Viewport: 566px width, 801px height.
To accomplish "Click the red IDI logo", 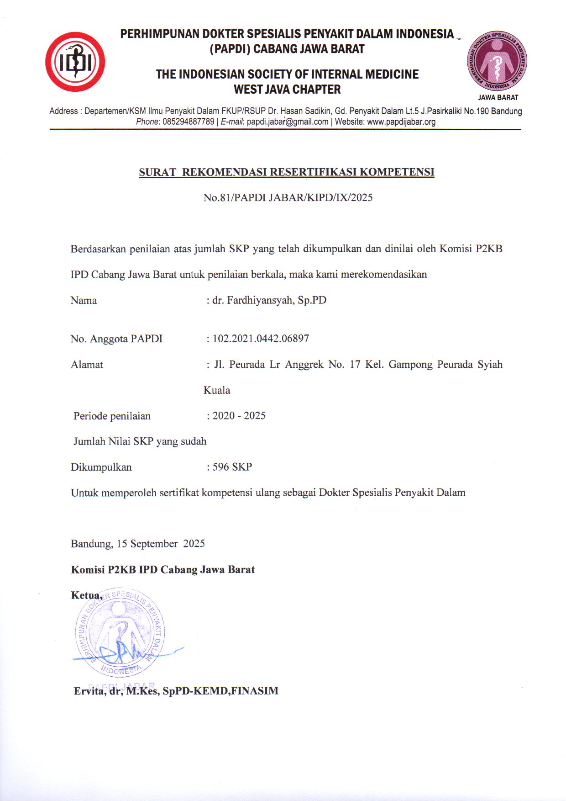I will tap(75, 62).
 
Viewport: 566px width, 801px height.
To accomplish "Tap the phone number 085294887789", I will tap(188, 122).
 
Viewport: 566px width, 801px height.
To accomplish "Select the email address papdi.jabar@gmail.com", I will tap(288, 122).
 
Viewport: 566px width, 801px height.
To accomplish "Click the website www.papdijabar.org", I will tap(401, 122).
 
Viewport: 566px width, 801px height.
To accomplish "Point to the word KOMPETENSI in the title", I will tap(397, 172).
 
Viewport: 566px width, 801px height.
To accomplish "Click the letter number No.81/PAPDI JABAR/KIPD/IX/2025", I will tap(288, 197).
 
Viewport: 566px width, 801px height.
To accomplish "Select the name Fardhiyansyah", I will tap(260, 300).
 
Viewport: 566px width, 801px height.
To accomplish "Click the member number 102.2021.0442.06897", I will tap(261, 339).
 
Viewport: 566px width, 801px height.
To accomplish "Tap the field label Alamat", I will tap(87, 365).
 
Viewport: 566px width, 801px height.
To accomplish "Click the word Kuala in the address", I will tap(217, 390).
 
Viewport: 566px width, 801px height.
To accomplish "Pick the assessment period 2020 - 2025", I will tap(239, 416).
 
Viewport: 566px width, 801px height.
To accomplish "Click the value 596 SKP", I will tap(232, 467).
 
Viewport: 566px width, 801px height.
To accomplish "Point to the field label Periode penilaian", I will tap(112, 416).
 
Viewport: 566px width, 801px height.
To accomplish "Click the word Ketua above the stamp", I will tap(86, 595).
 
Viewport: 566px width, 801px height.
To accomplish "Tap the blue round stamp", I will tap(120, 632).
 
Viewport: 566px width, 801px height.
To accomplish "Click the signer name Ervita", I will tap(89, 691).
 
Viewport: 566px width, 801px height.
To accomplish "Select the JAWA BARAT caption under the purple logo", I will tap(498, 97).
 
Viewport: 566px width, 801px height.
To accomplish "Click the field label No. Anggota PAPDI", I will tap(116, 339).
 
